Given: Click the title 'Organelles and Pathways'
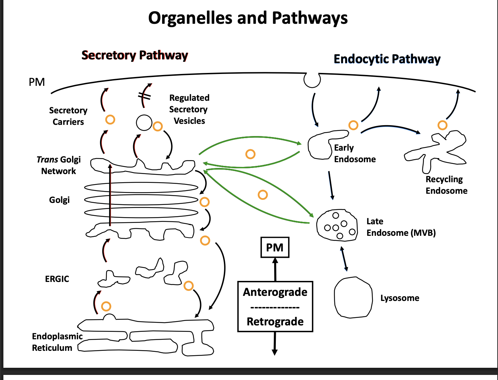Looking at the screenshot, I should click(248, 18).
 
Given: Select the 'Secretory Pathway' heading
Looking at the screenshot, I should click(135, 55).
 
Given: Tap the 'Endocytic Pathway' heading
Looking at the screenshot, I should click(387, 59).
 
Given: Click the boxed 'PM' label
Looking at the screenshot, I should click(275, 247).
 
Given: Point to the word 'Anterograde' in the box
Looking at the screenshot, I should click(275, 292).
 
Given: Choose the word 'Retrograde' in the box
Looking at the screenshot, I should click(275, 321).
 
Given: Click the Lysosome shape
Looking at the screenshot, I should click(353, 298).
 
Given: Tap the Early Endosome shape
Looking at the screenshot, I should click(319, 146).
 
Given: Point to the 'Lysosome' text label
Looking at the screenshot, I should click(399, 298).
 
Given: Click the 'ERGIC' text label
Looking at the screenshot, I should click(57, 279).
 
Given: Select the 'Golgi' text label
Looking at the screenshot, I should click(59, 200).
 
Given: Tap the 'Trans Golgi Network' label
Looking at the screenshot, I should click(59, 165).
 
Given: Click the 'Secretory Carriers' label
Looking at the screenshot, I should click(68, 116).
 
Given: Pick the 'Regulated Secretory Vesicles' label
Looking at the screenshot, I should click(189, 109).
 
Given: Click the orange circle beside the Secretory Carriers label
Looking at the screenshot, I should click(110, 119).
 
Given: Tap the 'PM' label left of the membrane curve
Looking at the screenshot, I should click(37, 82).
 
